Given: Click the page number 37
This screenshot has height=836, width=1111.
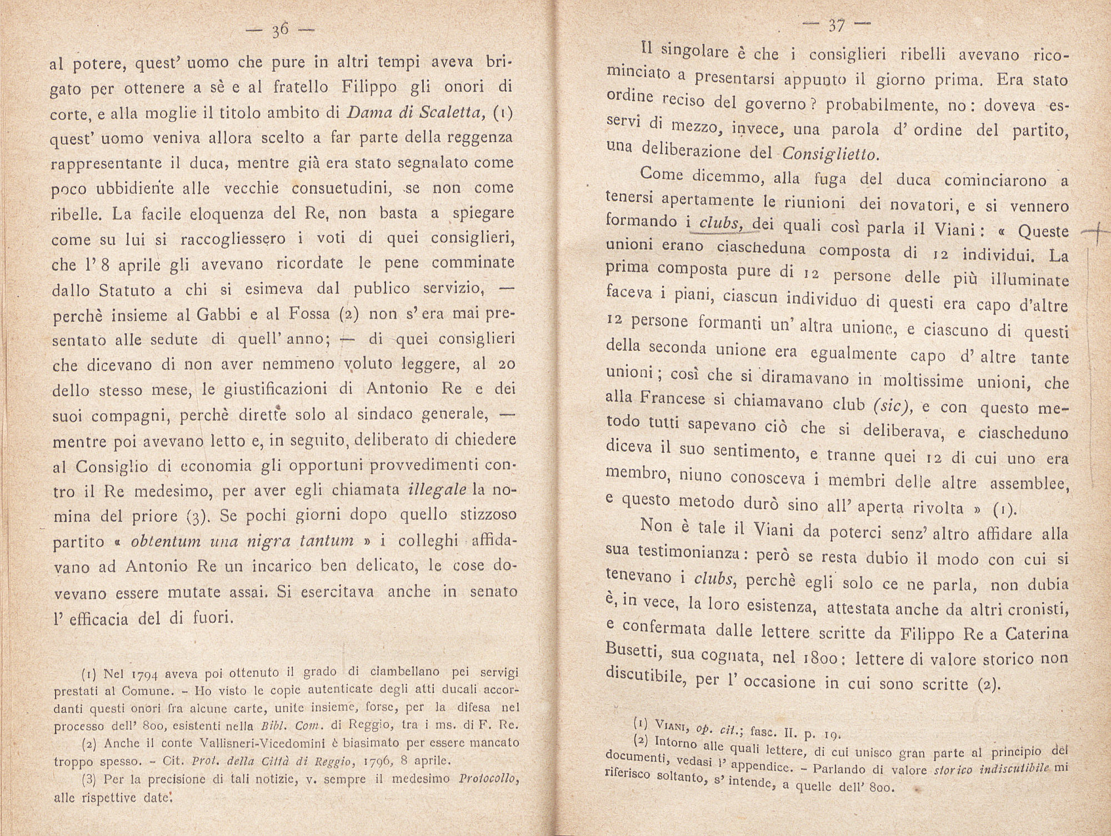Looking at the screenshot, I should point(835,24).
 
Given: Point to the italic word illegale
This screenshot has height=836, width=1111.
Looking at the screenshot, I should point(437,490).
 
